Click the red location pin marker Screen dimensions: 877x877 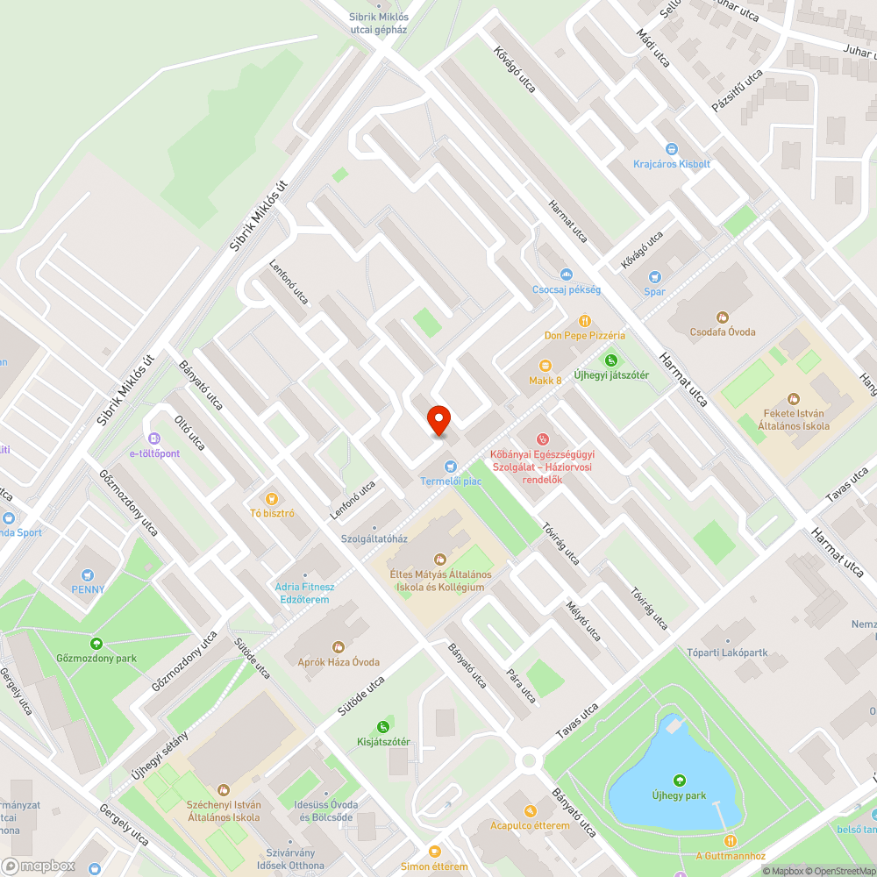coord(438,420)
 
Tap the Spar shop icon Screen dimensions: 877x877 coord(654,277)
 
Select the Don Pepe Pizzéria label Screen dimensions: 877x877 coord(584,335)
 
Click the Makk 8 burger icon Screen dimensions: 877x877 coord(545,365)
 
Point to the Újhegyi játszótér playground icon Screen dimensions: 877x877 coord(611,360)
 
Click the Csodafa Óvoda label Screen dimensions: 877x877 coord(722,332)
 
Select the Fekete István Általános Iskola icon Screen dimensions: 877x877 coord(794,399)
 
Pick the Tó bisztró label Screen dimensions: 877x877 coord(271,513)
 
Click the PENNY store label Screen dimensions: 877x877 coord(88,589)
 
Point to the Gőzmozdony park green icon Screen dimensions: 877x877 coord(96,645)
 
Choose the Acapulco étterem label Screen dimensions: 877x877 coord(530,825)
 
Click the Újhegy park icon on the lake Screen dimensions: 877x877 coord(679,781)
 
